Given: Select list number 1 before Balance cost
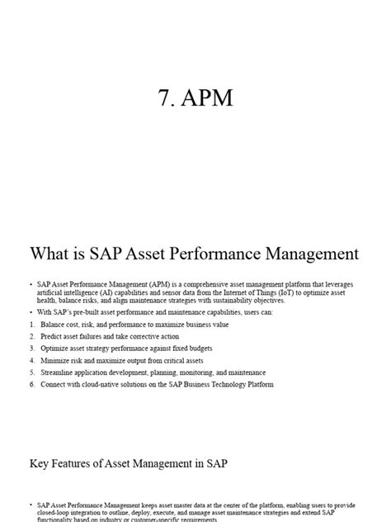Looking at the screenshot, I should [x=31, y=325].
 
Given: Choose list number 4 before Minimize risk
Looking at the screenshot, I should [x=31, y=361].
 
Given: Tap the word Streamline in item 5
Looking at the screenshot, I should [x=58, y=373].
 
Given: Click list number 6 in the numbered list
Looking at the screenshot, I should [x=31, y=384].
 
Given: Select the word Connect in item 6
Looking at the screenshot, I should [x=54, y=384].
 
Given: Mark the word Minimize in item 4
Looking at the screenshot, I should [x=56, y=361].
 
